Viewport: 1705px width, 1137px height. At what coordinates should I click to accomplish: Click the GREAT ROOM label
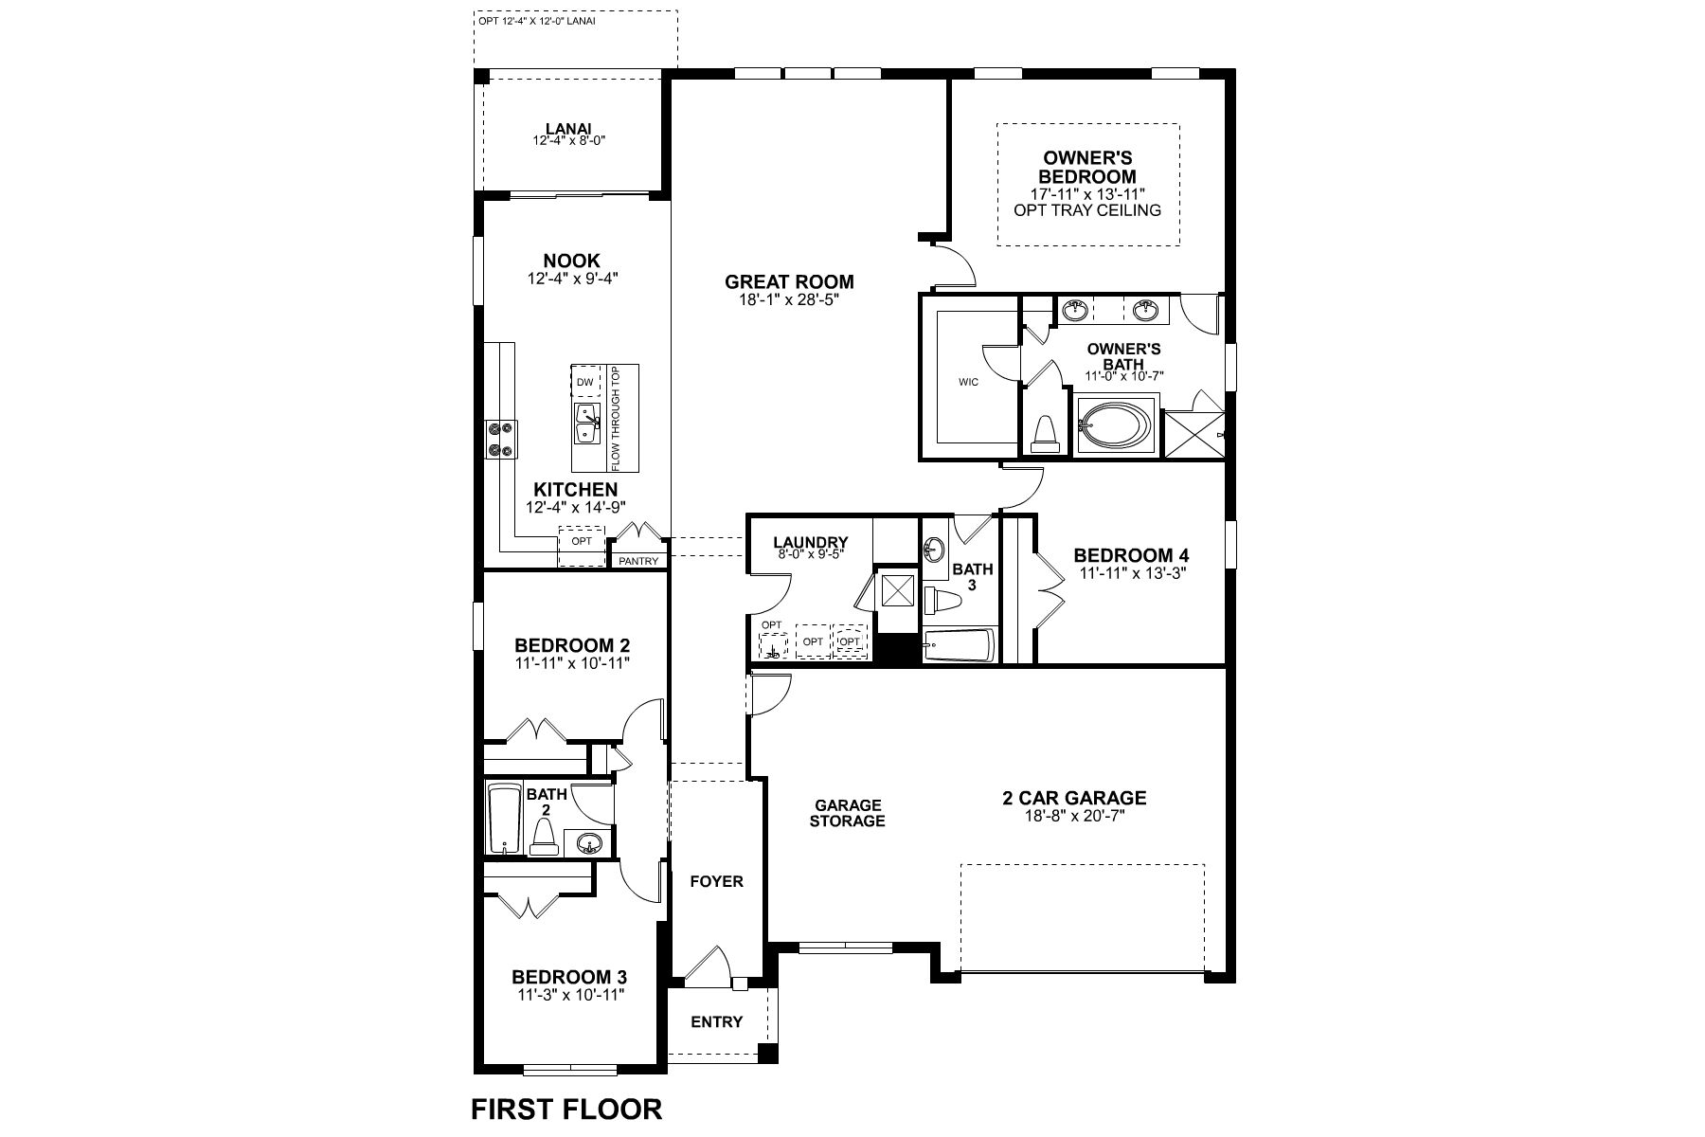coord(789,281)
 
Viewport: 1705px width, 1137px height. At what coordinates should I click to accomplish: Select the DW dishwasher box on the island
coord(585,382)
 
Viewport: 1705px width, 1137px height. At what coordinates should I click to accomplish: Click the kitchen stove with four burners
coord(499,440)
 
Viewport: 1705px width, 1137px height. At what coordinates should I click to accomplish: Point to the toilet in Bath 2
coord(543,838)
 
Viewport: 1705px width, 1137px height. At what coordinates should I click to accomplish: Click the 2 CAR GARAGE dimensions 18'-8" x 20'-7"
coord(1073,815)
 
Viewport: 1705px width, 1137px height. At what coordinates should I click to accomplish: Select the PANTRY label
coord(637,561)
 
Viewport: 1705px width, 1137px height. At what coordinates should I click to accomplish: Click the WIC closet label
coord(967,382)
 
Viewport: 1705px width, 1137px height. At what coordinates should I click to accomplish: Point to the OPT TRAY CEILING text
coord(1086,210)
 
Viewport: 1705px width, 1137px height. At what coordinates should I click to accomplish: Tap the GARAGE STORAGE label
coord(847,813)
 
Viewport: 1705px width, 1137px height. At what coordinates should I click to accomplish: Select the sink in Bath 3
coord(934,548)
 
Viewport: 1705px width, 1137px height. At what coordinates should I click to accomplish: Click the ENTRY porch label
coord(716,1021)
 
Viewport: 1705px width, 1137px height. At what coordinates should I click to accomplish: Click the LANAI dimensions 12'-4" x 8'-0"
coord(568,140)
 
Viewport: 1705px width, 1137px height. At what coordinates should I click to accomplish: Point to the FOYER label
coord(716,881)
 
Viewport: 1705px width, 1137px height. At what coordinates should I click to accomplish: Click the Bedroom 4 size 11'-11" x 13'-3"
coord(1130,572)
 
